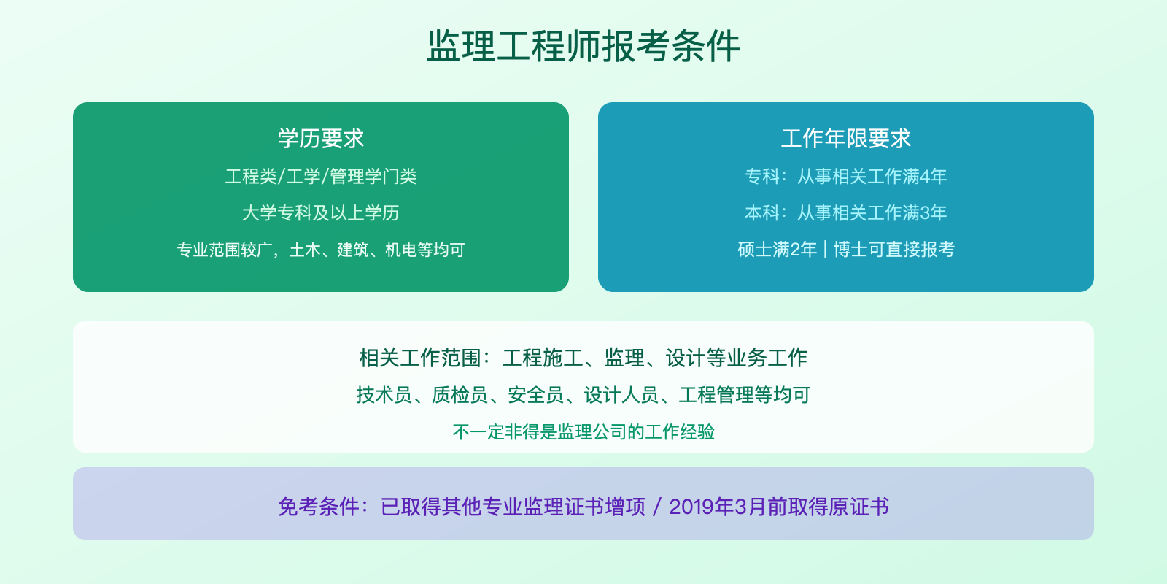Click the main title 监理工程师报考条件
click(583, 46)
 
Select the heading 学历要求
click(321, 139)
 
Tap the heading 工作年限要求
click(846, 139)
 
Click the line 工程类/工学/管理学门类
click(321, 177)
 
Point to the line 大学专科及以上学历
click(321, 213)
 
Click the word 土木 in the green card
click(305, 250)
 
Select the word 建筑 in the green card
click(353, 250)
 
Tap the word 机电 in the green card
click(400, 250)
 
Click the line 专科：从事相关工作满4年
click(846, 177)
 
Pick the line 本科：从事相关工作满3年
click(846, 213)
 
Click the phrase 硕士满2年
click(777, 250)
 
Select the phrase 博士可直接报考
click(894, 250)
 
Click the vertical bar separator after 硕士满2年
click(825, 250)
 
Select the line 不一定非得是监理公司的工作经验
click(583, 432)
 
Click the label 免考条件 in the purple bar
click(319, 507)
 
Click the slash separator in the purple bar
click(657, 507)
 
